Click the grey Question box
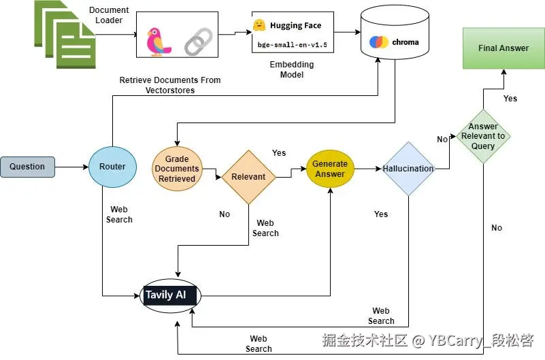(x=27, y=167)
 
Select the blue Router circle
(x=112, y=167)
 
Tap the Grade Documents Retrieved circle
(x=177, y=169)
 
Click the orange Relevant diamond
(x=249, y=177)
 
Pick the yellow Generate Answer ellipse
(x=330, y=169)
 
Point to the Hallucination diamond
(x=408, y=169)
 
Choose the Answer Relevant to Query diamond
(x=483, y=136)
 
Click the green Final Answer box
(x=503, y=48)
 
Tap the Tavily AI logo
(x=170, y=296)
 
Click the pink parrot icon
(x=158, y=42)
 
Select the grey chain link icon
(x=199, y=42)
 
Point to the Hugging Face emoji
(x=259, y=25)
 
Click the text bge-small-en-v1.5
(x=293, y=45)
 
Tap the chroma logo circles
(x=378, y=42)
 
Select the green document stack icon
(x=65, y=35)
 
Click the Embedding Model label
(x=292, y=69)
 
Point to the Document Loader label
(x=109, y=15)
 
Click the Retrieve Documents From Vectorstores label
(x=170, y=85)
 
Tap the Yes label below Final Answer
(x=510, y=99)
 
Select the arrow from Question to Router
(x=71, y=167)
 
